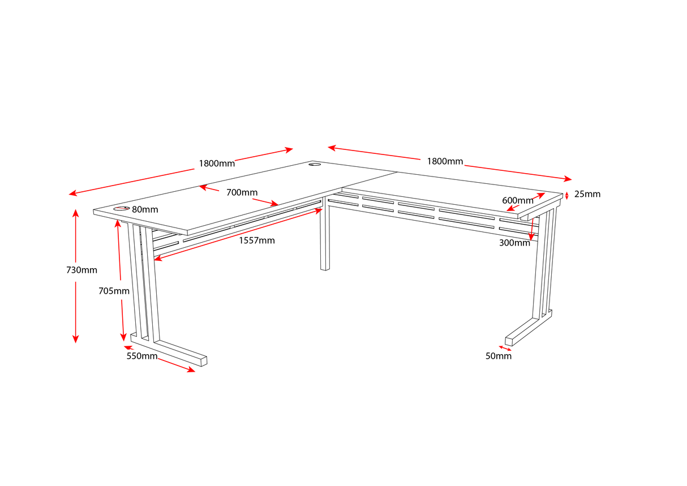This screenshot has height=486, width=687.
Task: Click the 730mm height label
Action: pos(81,270)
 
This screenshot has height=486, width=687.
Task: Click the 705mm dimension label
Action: pos(114,291)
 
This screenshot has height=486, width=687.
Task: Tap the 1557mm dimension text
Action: pos(256,240)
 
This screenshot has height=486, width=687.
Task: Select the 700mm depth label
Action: pos(242,192)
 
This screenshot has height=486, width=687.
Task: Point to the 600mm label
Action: pos(517,200)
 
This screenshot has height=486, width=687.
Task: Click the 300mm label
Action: pos(514,243)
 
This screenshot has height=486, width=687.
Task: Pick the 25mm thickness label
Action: pos(587,194)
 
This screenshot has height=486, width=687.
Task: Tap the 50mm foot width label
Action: pos(498,356)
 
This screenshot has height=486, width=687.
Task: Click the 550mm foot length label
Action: pos(141,356)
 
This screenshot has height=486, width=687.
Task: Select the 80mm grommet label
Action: pos(145,209)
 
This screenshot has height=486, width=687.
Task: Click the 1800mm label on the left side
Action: pos(216,164)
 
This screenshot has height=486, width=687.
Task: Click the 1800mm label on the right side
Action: pos(445,161)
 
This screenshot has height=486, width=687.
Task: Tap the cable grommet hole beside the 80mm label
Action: pos(121,209)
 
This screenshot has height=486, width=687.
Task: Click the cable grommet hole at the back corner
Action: pos(314,165)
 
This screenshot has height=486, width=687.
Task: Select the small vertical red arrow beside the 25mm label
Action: pos(566,196)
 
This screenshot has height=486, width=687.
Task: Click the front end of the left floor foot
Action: pos(203,360)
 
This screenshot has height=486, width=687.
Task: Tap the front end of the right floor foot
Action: pos(509,341)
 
